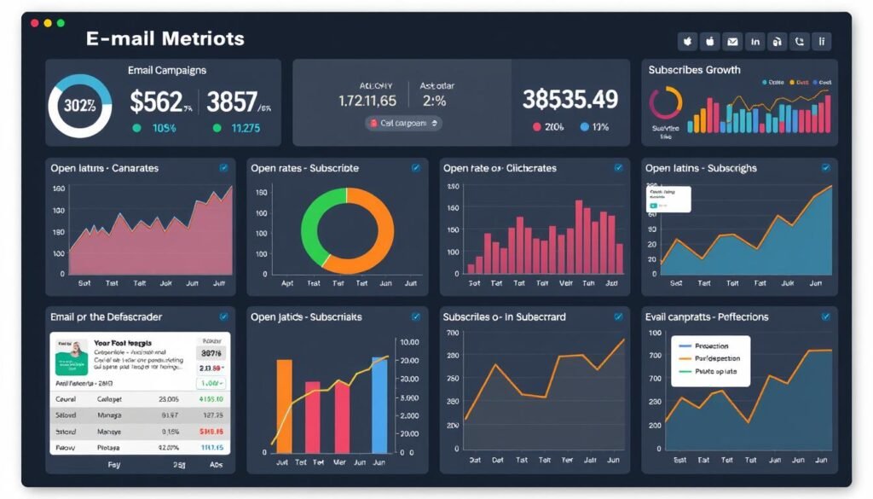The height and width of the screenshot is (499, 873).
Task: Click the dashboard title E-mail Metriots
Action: tap(165, 38)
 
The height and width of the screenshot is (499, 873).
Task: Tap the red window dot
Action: tap(35, 23)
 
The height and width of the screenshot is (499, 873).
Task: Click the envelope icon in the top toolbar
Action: tap(732, 41)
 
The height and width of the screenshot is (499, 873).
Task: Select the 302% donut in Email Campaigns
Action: tap(79, 107)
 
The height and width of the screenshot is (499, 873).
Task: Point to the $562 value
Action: tap(157, 102)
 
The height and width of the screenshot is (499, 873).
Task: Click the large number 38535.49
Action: tap(569, 100)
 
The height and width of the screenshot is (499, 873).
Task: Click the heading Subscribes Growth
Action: tap(694, 70)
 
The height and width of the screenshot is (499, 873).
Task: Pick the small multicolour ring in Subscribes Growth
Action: tap(666, 103)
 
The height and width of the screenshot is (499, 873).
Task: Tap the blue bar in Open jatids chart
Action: tap(379, 404)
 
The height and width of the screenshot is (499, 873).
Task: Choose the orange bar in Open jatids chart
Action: tap(284, 405)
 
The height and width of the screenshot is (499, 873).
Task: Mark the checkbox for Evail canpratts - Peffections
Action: tap(825, 316)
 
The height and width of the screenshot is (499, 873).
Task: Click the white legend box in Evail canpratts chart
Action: tap(710, 360)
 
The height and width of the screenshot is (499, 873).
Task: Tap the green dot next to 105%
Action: tap(137, 128)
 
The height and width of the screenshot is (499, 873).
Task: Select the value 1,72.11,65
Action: tap(367, 101)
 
